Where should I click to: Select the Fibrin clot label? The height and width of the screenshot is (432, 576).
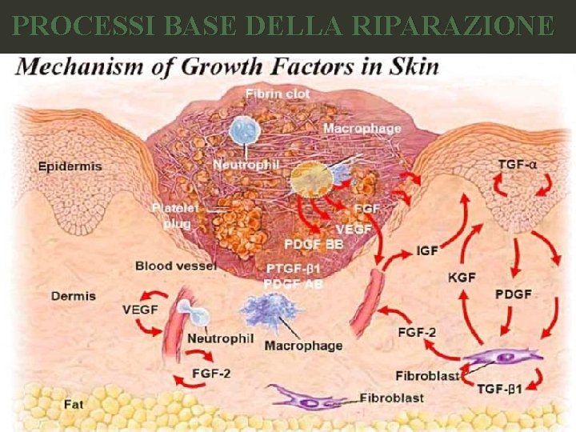click(x=278, y=94)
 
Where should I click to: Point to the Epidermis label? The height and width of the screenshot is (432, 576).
click(x=70, y=166)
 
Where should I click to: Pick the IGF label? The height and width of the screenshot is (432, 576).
click(x=428, y=250)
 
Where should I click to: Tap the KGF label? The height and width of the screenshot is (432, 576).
click(x=462, y=277)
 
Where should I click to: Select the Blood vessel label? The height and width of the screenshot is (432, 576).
click(x=175, y=266)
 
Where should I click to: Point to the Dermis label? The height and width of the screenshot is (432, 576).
click(x=74, y=296)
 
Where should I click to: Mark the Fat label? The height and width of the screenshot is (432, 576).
click(x=74, y=405)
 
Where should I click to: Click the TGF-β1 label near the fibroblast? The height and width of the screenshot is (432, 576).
click(x=501, y=389)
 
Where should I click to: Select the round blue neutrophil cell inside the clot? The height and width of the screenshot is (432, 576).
click(x=241, y=131)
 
